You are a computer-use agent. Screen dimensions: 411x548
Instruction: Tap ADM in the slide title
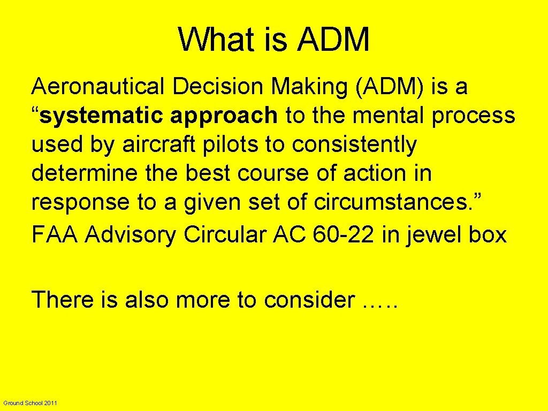tap(333, 40)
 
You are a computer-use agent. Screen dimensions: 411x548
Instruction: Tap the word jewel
tap(425, 235)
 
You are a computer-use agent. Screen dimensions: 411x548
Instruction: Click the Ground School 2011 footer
tap(30, 402)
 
